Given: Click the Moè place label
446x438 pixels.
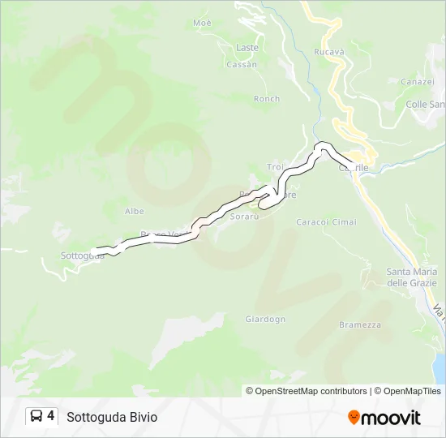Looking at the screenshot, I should [202, 23].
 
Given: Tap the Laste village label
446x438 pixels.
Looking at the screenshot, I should [247, 48].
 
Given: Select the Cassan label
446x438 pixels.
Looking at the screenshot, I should [242, 64].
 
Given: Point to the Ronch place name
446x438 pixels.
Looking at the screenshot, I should [266, 99].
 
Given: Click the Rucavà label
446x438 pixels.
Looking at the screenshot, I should [328, 52].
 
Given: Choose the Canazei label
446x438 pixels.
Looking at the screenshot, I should [417, 82].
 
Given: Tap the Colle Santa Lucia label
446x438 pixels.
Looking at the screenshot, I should [425, 104].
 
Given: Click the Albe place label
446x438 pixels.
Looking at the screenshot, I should [135, 211].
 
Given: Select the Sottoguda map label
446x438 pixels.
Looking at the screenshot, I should [81, 255].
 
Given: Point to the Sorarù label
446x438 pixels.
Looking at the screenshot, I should [243, 217].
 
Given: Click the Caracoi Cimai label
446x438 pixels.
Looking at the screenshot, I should [326, 222].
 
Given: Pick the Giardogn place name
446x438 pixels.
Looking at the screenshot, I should [265, 319].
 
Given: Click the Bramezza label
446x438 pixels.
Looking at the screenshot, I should [359, 324].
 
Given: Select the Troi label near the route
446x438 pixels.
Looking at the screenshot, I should [275, 167].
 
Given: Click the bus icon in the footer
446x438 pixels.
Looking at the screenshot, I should [36, 416].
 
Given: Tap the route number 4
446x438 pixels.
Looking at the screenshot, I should [51, 416].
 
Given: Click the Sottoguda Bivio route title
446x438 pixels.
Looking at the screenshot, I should [112, 417].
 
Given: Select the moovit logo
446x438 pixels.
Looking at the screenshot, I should [384, 417].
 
